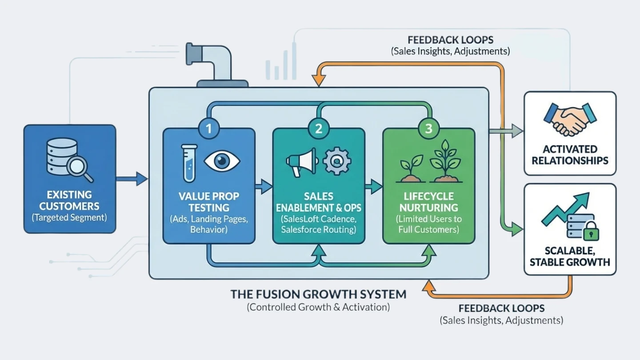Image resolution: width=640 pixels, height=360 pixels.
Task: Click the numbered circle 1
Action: tap(208, 129)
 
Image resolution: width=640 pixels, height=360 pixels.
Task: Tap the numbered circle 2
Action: tap(319, 129)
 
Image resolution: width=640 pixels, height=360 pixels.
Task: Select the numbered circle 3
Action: tap(428, 129)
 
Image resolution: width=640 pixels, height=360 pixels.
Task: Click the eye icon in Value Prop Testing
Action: tap(222, 160)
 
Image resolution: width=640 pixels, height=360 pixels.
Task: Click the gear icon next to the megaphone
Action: tap(337, 161)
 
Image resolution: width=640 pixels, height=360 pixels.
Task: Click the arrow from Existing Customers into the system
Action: tap(132, 179)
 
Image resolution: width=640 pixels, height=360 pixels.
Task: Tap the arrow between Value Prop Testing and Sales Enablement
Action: tap(264, 186)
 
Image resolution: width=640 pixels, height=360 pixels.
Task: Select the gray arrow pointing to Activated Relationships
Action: tap(507, 131)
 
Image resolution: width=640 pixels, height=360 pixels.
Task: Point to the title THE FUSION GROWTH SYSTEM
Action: tap(318, 294)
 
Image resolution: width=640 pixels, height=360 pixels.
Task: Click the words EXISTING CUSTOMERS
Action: tap(69, 200)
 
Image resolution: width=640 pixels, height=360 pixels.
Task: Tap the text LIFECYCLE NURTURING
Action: tap(428, 202)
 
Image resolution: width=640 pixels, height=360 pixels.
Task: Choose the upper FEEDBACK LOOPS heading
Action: tap(450, 40)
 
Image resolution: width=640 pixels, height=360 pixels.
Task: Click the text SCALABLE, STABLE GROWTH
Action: tap(570, 256)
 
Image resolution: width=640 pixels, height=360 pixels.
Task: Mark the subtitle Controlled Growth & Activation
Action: tap(318, 307)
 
